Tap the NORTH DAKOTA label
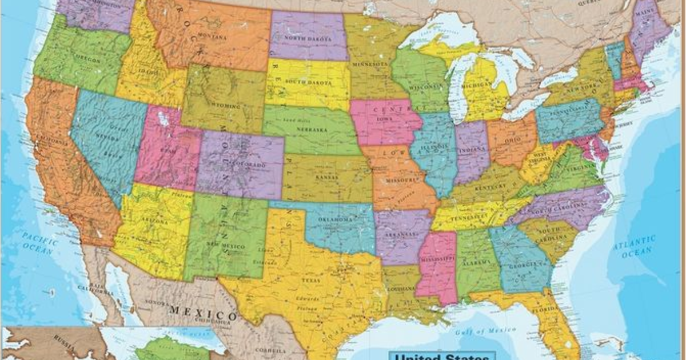point(309,39)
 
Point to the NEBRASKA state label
point(312,130)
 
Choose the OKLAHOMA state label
point(336,220)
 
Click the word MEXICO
point(202,314)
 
